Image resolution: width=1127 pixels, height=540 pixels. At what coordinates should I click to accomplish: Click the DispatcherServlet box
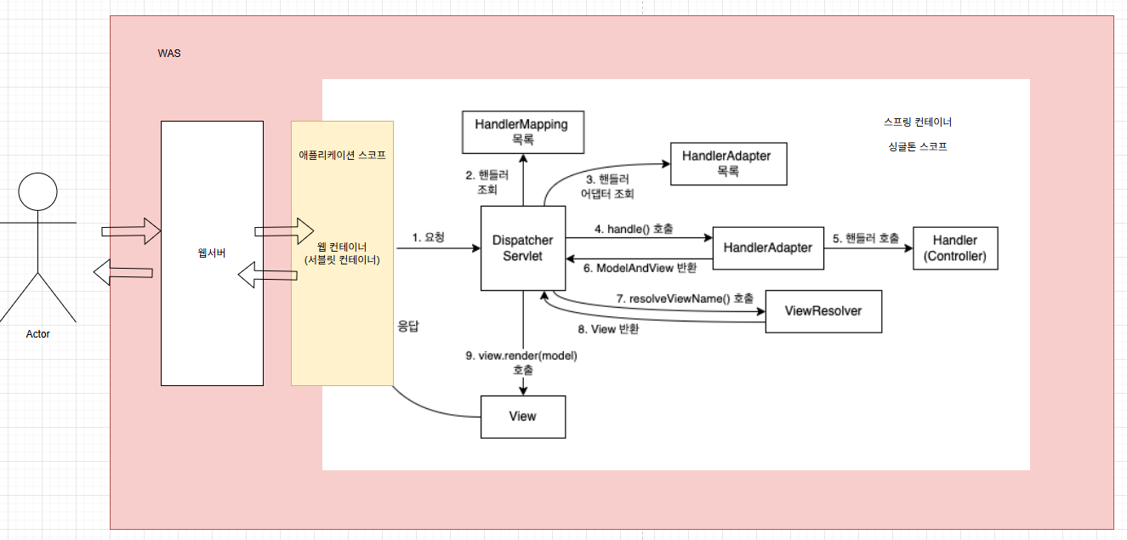523,247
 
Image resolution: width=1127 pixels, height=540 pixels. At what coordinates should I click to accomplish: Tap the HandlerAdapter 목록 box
726,163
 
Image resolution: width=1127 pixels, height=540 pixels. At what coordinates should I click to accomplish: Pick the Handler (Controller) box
954,248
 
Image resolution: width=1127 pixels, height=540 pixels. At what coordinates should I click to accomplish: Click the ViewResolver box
823,311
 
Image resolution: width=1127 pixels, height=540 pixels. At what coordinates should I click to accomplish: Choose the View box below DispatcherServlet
522,416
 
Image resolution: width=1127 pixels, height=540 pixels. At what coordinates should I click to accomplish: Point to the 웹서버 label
212,253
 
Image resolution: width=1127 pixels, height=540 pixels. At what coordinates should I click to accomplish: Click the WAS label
169,54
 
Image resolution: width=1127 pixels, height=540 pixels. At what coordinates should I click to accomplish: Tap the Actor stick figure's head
37,193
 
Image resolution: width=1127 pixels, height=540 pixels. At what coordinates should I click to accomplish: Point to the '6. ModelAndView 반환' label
640,269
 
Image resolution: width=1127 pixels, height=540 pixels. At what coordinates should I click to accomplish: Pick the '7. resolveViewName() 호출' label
685,298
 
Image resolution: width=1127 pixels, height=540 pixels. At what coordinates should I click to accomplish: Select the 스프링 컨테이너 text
924,122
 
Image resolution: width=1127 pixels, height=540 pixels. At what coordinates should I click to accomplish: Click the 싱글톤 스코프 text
917,146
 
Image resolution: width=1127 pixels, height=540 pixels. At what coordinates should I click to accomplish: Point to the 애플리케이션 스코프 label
342,156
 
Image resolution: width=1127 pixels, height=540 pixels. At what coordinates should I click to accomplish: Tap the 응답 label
410,326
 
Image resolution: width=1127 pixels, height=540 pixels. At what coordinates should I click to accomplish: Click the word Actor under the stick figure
37,334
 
